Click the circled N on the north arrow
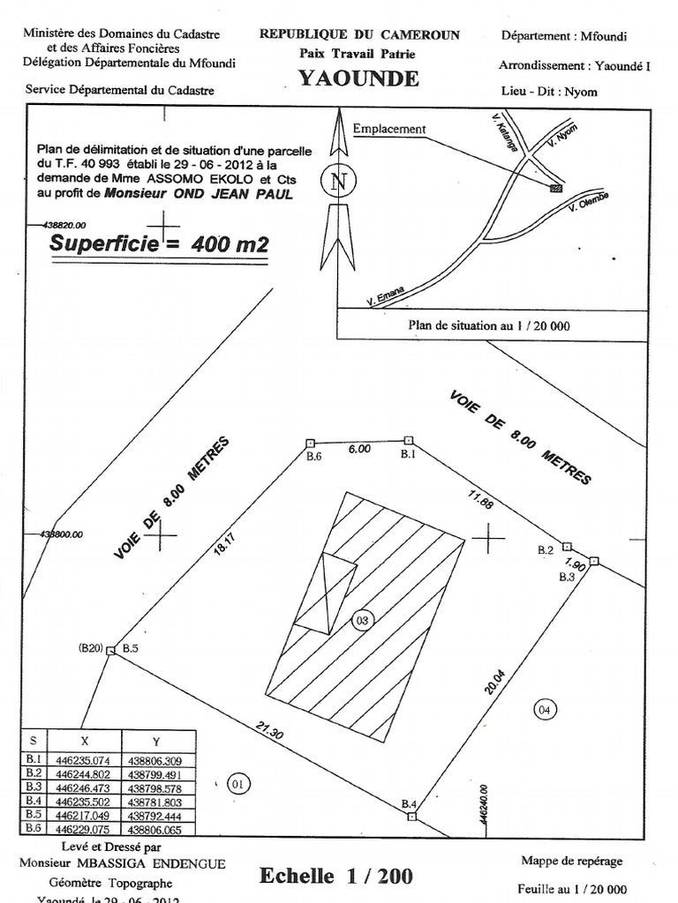click(x=336, y=182)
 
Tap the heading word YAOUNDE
click(x=358, y=78)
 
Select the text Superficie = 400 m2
click(x=159, y=244)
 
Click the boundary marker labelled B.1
click(x=409, y=439)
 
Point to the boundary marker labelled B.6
click(x=310, y=443)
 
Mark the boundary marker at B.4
click(x=411, y=817)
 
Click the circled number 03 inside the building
click(x=361, y=620)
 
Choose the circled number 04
click(x=546, y=707)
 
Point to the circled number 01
click(x=237, y=782)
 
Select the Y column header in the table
click(x=156, y=740)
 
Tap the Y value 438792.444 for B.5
click(x=156, y=816)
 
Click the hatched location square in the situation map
click(x=555, y=187)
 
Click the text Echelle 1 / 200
click(x=335, y=876)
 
